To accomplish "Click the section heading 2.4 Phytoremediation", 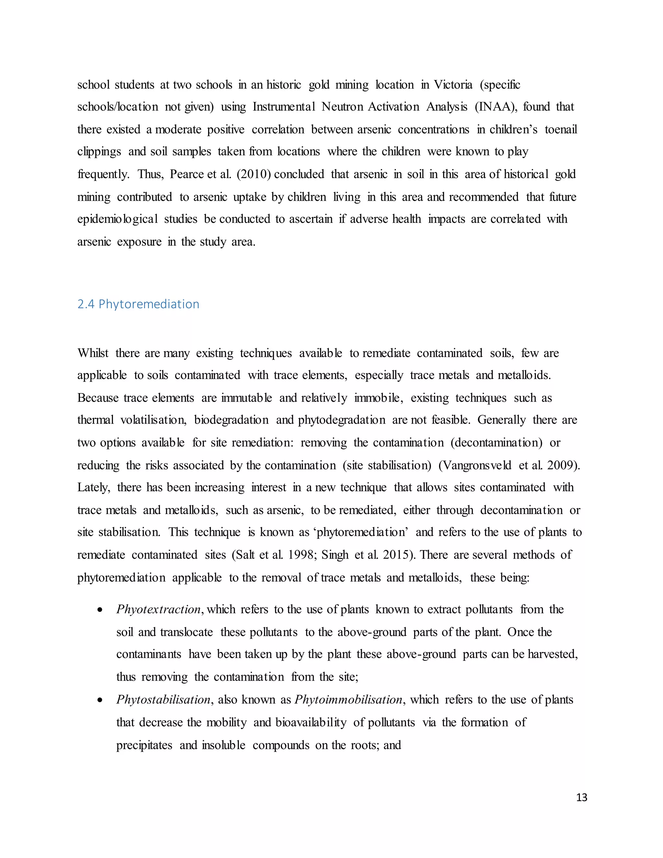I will click(138, 304).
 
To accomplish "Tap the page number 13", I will click(581, 797).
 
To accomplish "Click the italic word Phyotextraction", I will click(159, 609).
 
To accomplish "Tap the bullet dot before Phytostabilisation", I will click(101, 700).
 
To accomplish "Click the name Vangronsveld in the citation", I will click(475, 465).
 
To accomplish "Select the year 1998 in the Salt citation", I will click(300, 555).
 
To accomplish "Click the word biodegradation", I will click(231, 420).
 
